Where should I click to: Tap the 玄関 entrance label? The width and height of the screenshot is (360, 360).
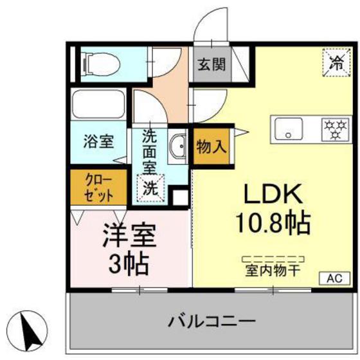coord(211,65)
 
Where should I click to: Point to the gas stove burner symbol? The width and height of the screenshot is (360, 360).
coord(332,128)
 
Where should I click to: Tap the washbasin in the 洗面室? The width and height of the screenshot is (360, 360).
coord(177,146)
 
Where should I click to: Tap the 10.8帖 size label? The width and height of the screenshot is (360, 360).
coord(273,223)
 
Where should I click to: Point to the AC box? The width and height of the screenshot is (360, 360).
coord(334,278)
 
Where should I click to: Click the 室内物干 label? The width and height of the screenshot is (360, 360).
coord(272,271)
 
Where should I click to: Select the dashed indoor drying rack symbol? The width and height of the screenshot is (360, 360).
coord(272,258)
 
